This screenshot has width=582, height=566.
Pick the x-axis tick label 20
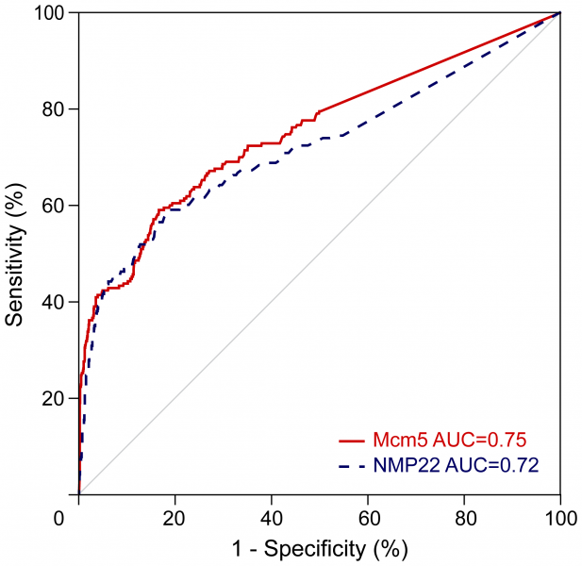click(x=175, y=518)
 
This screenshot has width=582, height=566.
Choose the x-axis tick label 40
click(x=272, y=518)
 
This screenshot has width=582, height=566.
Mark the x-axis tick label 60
click(x=368, y=518)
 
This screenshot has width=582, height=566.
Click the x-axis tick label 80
click(x=464, y=518)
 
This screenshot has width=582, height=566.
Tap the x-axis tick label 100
click(x=560, y=518)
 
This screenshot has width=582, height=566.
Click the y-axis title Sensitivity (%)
click(x=15, y=255)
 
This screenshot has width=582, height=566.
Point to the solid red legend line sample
click(x=351, y=441)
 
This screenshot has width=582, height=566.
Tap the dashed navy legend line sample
click(x=351, y=464)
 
